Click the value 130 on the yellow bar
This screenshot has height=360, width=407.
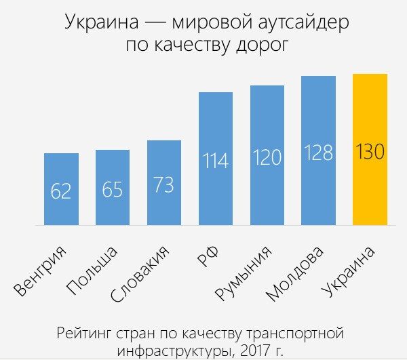pos(370,151)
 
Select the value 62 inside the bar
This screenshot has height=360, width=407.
pos(61,191)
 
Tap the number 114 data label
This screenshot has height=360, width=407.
pos(215,161)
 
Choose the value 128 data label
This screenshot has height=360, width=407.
pos(318,153)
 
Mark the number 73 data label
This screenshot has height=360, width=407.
pos(164,184)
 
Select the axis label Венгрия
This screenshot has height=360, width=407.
pos(43,271)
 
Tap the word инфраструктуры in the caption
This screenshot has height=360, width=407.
pos(173,351)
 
